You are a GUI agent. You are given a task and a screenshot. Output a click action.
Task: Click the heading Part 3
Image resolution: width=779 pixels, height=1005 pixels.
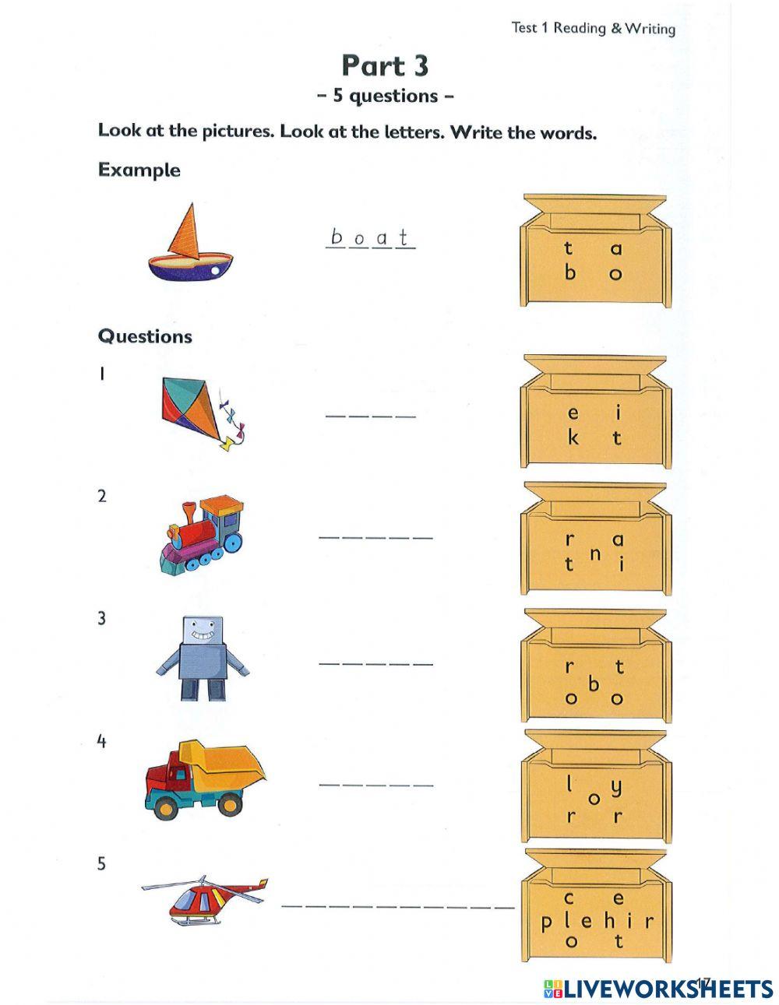click(385, 66)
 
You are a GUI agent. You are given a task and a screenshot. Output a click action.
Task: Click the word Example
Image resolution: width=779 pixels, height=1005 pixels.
click(139, 170)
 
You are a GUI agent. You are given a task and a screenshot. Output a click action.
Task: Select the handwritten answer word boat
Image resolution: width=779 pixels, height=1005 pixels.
click(370, 237)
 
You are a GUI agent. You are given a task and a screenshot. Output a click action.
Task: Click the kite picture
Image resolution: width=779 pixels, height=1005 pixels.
click(199, 413)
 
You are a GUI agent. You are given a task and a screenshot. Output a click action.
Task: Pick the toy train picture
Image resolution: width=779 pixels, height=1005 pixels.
click(202, 533)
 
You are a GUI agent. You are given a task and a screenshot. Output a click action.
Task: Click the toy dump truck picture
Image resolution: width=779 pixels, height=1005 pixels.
click(205, 779)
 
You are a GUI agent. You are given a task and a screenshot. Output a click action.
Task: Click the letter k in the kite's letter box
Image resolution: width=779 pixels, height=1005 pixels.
click(573, 437)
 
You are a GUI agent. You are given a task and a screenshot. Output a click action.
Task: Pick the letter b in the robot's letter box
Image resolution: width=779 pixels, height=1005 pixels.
click(594, 684)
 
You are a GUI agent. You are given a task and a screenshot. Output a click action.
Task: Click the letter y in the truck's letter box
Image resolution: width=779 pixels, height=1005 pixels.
click(616, 787)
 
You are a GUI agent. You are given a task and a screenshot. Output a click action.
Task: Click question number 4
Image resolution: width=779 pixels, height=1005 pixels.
click(101, 741)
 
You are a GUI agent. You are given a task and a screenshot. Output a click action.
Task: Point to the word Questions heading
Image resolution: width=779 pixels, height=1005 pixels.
click(145, 336)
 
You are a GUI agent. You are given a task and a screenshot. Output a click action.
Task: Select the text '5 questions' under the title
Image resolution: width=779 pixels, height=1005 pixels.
click(385, 96)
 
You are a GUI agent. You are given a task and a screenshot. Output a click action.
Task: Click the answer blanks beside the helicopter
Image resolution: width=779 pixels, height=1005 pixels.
click(397, 906)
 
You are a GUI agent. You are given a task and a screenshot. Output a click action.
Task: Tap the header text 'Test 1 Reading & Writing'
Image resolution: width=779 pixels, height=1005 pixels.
click(593, 28)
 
